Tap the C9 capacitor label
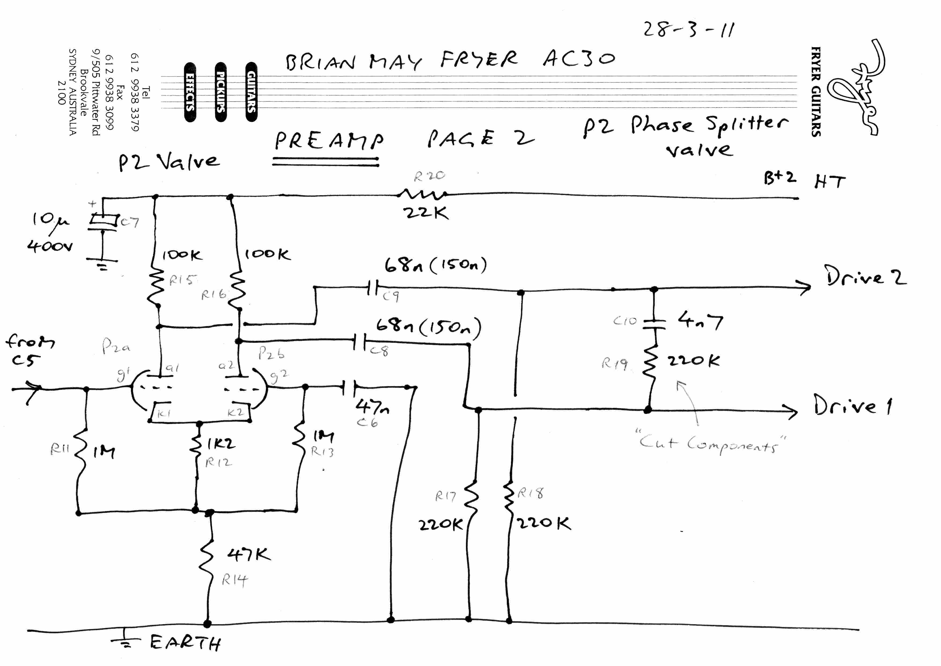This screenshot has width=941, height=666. pos(391,296)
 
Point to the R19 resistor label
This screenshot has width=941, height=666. pos(614,363)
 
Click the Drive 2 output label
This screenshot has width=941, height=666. pos(866,276)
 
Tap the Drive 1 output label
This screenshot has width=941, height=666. pos(852,405)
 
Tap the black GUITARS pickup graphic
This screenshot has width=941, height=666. pos(251,92)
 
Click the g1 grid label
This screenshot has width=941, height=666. pos(123,374)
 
